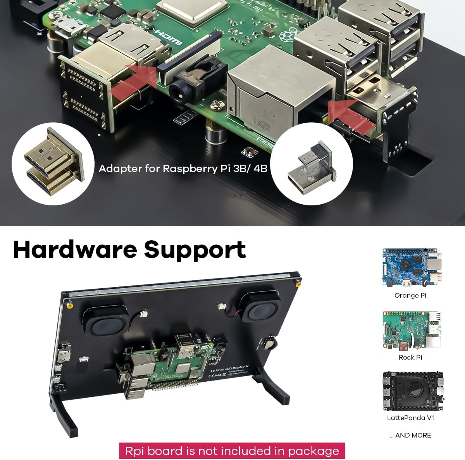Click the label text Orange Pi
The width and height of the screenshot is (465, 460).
pyautogui.click(x=410, y=295)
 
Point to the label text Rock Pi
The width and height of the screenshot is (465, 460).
pyautogui.click(x=410, y=357)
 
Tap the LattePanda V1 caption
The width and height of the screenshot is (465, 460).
pyautogui.click(x=410, y=418)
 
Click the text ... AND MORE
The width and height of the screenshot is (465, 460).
pyautogui.click(x=410, y=435)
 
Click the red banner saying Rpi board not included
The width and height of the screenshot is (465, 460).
pyautogui.click(x=232, y=451)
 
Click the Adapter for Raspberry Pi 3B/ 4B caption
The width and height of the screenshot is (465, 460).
pyautogui.click(x=183, y=169)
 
